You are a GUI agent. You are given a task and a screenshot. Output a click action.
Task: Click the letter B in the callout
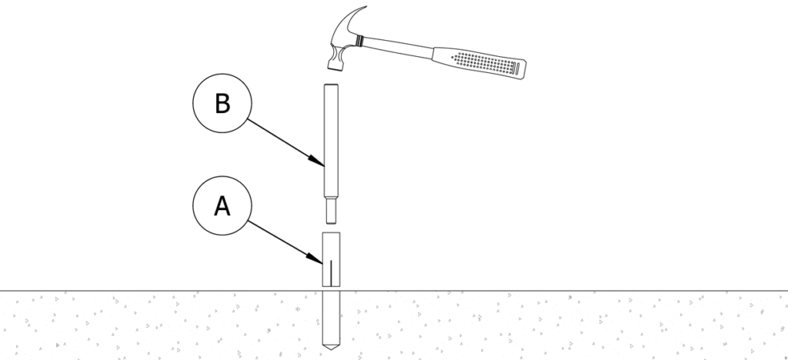click(222, 105)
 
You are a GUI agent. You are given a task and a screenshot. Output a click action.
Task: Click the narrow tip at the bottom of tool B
click(331, 210)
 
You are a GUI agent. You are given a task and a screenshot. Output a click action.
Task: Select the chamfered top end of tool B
click(331, 85)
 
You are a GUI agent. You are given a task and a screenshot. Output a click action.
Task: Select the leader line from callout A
click(285, 241)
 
